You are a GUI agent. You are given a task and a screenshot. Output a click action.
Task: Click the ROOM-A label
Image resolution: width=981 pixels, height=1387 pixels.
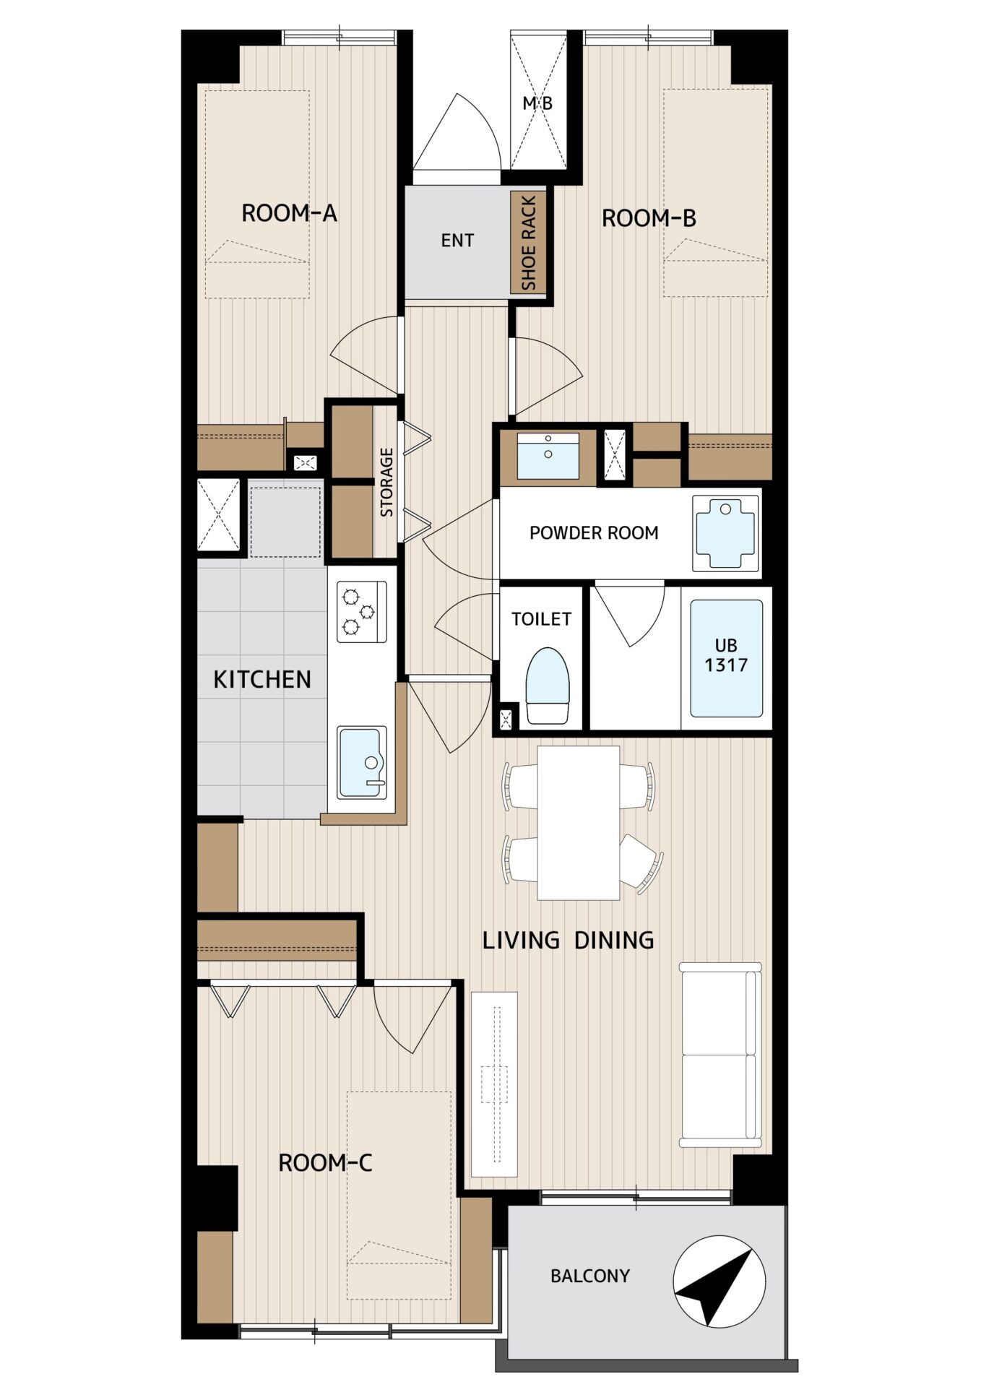[289, 213]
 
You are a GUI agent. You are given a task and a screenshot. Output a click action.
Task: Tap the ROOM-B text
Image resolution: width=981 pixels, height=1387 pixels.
[649, 218]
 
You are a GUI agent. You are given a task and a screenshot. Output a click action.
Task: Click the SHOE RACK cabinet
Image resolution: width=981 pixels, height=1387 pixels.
[528, 243]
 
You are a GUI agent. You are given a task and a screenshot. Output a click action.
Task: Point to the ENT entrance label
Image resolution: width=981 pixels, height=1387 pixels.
[457, 241]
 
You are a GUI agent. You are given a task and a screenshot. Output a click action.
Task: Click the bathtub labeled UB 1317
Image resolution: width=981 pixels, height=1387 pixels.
[726, 658]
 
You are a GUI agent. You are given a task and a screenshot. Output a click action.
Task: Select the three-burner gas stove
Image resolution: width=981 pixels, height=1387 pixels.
[361, 612]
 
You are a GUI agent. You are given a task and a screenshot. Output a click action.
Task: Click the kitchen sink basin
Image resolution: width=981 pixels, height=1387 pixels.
[361, 762]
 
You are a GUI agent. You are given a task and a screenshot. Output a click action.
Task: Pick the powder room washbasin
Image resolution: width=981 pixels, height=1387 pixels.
[548, 456]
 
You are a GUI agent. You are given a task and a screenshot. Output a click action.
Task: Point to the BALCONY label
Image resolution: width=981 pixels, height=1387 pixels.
[590, 1276]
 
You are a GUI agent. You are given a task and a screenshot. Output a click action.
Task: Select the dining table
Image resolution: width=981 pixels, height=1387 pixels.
[579, 823]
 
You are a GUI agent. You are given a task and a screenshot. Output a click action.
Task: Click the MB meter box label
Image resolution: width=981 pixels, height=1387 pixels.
[537, 103]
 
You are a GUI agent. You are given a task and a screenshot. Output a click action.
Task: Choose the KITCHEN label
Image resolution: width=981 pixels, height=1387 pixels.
[262, 679]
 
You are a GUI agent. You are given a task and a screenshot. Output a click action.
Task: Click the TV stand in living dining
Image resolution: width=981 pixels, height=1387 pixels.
[495, 1084]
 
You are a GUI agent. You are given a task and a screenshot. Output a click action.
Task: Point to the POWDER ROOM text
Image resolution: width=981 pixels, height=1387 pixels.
[594, 533]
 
